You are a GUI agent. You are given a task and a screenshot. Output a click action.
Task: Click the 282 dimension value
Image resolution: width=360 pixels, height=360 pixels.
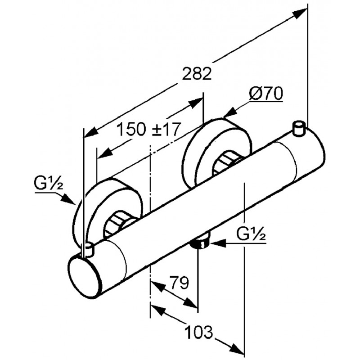point(197,74)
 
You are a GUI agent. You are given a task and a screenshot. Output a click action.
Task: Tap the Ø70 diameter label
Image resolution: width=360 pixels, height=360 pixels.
point(265,94)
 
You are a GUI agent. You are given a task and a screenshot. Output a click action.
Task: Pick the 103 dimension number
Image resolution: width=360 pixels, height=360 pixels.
point(198,333)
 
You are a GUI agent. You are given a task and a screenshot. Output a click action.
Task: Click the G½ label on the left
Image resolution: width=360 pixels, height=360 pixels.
point(48,184)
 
